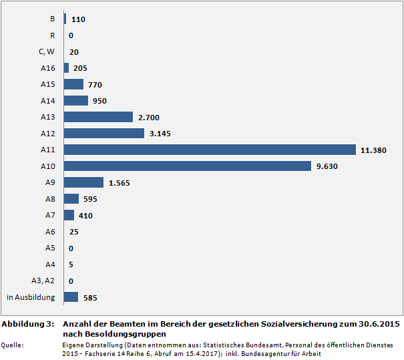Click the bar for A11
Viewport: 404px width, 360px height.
tap(210, 150)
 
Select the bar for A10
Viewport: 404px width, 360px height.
tap(187, 166)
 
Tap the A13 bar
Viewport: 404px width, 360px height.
tap(98, 117)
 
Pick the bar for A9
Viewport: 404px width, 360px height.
tap(83, 182)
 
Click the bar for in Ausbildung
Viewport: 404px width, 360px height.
tap(71, 297)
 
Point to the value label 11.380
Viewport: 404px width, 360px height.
tap(373, 150)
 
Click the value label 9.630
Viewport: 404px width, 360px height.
tap(328, 166)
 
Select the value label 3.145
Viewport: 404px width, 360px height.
tap(160, 134)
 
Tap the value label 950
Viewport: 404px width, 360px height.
tap(99, 101)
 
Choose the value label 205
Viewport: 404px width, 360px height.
tap(80, 68)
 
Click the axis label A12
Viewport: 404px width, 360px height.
tap(47, 134)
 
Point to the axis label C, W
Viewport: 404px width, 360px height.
tap(46, 51)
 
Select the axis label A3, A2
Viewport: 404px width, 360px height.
tap(43, 281)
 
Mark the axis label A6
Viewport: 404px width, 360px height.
tap(50, 232)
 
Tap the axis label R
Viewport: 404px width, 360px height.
tap(53, 35)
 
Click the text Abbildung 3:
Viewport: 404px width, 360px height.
tap(27, 324)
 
